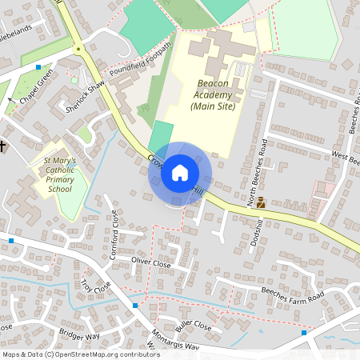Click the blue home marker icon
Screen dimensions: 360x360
tap(180, 173)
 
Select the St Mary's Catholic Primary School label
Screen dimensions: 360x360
tap(60, 174)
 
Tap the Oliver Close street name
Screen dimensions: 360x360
tap(151, 262)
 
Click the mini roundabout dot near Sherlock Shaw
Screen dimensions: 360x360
tap(78, 49)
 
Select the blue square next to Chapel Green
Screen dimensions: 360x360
tap(38, 69)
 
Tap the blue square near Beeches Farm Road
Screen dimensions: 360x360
tap(304, 332)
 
